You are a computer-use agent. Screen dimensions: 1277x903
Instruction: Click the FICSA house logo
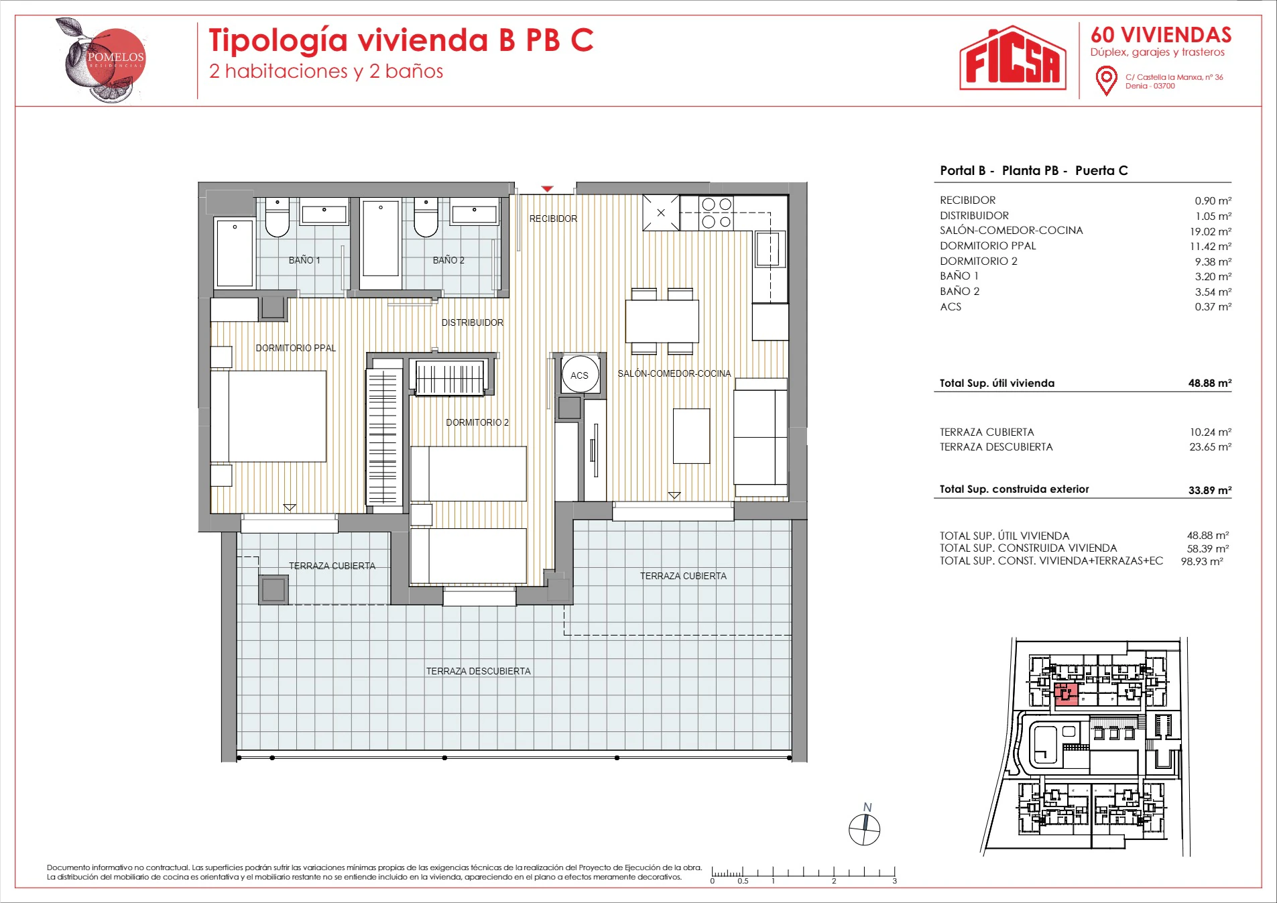1012,58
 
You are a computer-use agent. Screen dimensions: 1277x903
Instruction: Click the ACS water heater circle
579,375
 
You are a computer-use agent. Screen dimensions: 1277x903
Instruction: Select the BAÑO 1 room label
304,260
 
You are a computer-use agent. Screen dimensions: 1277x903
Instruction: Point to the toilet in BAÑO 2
426,217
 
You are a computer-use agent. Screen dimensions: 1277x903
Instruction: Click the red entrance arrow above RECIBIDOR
547,189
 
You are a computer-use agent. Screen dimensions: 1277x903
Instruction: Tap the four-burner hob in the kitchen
716,213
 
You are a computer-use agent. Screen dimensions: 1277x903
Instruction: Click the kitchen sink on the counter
770,249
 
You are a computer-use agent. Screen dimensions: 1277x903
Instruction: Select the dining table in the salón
662,321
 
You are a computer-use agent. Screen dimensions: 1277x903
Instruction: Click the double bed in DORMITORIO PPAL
269,416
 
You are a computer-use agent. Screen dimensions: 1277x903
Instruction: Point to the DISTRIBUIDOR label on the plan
472,322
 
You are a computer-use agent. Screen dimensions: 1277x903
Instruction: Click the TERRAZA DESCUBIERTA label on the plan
478,671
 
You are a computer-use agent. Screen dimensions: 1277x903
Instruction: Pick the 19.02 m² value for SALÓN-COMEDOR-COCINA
1211,231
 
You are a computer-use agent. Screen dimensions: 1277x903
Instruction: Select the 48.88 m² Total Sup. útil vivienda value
1210,383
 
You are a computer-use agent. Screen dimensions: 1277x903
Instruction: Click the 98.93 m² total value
1202,562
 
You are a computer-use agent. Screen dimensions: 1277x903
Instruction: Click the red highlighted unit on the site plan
1066,695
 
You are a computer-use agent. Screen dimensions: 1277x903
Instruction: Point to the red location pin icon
1106,81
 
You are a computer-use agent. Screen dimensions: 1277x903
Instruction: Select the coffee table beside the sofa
691,436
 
